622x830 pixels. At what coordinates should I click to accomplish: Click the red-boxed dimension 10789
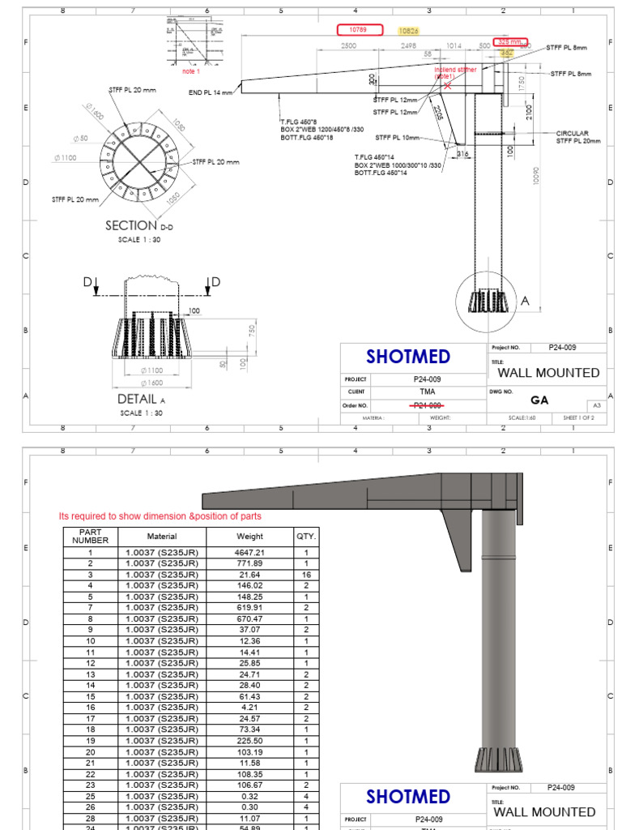(357, 30)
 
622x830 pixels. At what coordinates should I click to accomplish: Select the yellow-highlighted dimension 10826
(409, 30)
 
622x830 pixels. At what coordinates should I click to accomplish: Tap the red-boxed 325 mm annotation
(510, 41)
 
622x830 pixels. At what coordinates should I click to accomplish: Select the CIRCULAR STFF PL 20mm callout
(578, 137)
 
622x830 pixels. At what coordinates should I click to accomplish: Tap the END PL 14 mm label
(211, 92)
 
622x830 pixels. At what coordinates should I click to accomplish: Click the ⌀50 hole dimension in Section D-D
(80, 139)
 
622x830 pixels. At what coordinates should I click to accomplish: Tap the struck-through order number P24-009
(427, 405)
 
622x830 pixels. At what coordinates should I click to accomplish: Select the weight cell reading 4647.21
(249, 552)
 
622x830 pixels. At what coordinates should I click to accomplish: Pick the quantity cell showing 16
(306, 574)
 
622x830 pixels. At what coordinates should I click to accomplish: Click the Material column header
(162, 537)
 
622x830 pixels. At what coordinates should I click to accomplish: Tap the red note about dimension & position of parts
(160, 516)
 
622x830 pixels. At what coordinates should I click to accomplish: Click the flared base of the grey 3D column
(497, 760)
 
